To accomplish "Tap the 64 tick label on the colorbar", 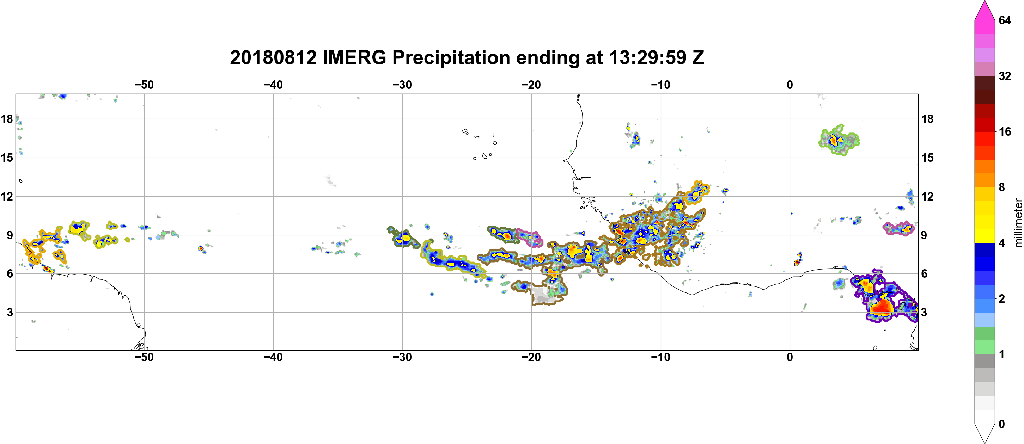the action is click(1005, 20).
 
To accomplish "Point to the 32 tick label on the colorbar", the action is click(1005, 76).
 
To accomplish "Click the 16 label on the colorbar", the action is click(1005, 132).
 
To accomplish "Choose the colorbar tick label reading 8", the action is click(1002, 187).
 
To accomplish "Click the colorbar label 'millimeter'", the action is click(1018, 223).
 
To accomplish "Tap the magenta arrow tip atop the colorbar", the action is click(985, 2).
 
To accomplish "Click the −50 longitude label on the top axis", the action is click(144, 85).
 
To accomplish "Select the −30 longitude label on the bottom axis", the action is click(402, 357).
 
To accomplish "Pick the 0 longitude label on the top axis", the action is click(790, 85).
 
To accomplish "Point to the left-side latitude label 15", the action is click(7, 158).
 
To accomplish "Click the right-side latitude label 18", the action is click(927, 119).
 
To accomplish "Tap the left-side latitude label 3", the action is click(10, 312).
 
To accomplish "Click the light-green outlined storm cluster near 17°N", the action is click(839, 140).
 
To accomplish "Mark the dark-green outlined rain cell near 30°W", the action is click(403, 238).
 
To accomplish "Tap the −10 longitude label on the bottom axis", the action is click(661, 357).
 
